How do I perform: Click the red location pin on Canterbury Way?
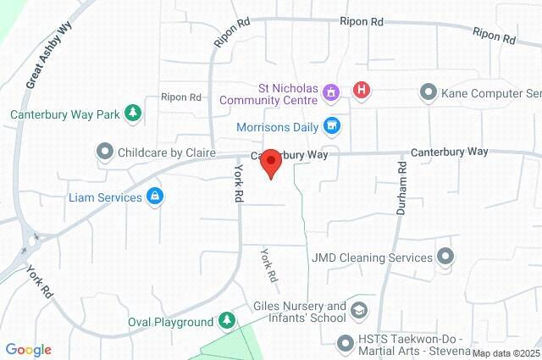270,162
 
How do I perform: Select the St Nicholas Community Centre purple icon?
330,90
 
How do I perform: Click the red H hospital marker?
362,90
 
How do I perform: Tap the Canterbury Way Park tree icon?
132,113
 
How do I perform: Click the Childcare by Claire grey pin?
104,152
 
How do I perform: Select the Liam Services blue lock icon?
155,197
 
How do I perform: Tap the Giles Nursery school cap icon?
359,311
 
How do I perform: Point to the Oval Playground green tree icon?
226,321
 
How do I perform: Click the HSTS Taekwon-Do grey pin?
345,343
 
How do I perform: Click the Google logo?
28,350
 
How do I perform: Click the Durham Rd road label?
401,181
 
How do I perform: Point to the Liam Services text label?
105,197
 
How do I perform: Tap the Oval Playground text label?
170,322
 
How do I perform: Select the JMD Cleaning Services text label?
372,256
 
